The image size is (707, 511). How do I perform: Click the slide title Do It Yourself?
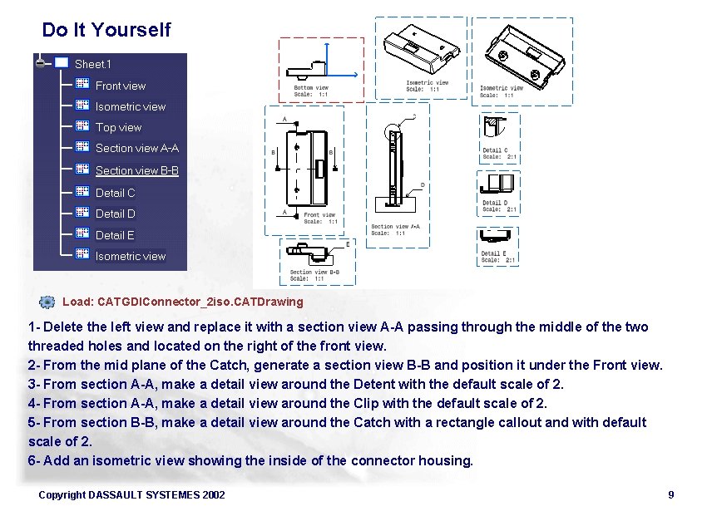[x=106, y=30]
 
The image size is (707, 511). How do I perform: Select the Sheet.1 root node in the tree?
[x=91, y=64]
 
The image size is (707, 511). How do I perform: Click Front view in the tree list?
[x=120, y=86]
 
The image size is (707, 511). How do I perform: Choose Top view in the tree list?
[x=118, y=127]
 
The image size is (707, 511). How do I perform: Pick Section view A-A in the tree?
[x=136, y=148]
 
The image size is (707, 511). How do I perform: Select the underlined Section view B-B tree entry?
[x=136, y=170]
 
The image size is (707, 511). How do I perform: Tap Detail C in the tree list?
[x=115, y=193]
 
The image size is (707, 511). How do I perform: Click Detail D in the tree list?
[x=115, y=214]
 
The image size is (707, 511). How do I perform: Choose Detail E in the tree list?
[x=115, y=235]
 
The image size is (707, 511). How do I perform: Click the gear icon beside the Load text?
[x=47, y=302]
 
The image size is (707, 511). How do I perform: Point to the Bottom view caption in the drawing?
[x=310, y=88]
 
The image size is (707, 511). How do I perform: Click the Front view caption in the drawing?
[x=320, y=215]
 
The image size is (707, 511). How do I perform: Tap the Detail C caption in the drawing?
[x=495, y=150]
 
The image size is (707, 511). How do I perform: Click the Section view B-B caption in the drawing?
[x=314, y=273]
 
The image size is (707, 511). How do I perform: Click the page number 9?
[x=670, y=495]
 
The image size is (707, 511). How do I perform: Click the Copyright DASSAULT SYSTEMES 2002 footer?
[x=131, y=495]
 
